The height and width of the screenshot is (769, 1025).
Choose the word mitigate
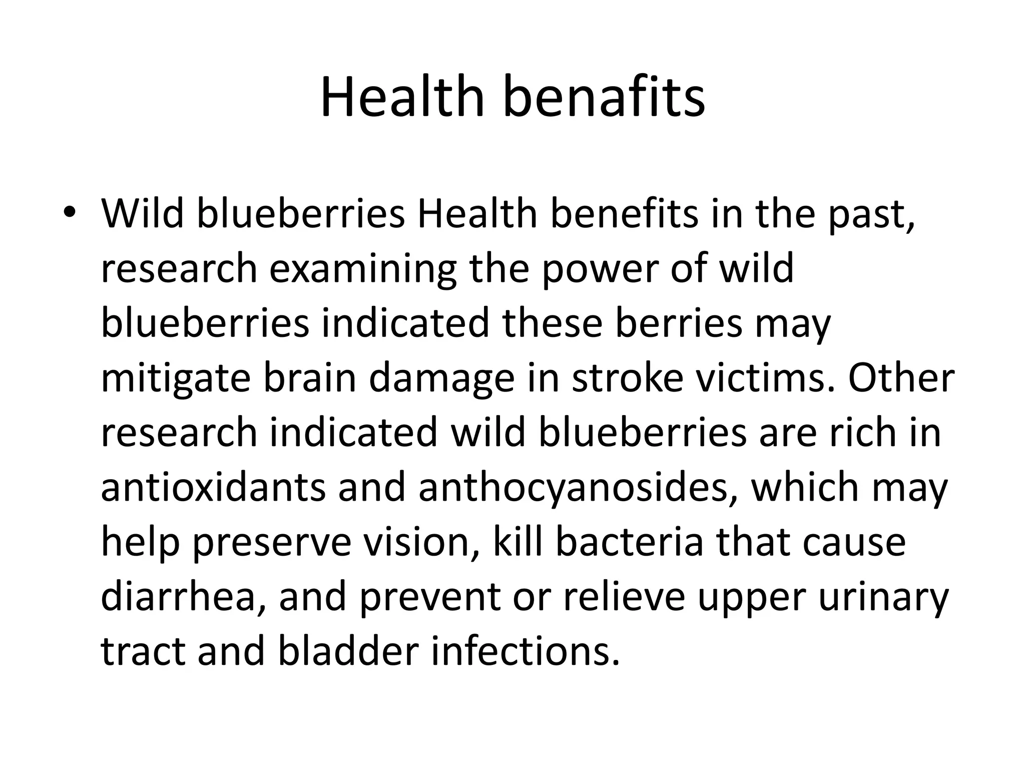point(175,379)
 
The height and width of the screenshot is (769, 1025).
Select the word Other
point(901,378)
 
